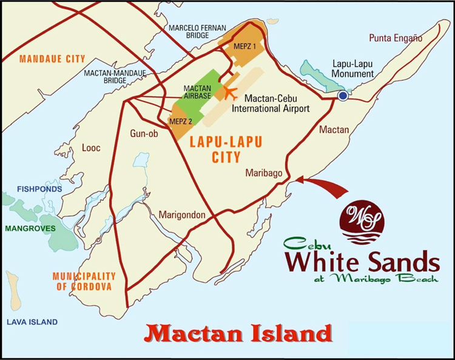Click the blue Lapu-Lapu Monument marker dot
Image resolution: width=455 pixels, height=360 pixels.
[343, 96]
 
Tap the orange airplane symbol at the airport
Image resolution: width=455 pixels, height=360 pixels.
[230, 93]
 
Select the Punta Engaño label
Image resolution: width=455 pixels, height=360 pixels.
[394, 38]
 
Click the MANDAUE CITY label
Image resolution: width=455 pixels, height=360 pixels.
[52, 59]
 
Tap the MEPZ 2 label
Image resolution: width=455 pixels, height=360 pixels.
[181, 121]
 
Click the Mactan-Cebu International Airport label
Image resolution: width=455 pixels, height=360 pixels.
[276, 104]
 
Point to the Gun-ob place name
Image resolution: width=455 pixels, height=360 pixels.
[144, 134]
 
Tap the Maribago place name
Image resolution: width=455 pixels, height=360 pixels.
[264, 173]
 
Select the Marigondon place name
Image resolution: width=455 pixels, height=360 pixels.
[183, 215]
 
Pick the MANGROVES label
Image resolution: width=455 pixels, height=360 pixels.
[30, 228]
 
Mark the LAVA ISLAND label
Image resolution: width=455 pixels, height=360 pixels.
[32, 322]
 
